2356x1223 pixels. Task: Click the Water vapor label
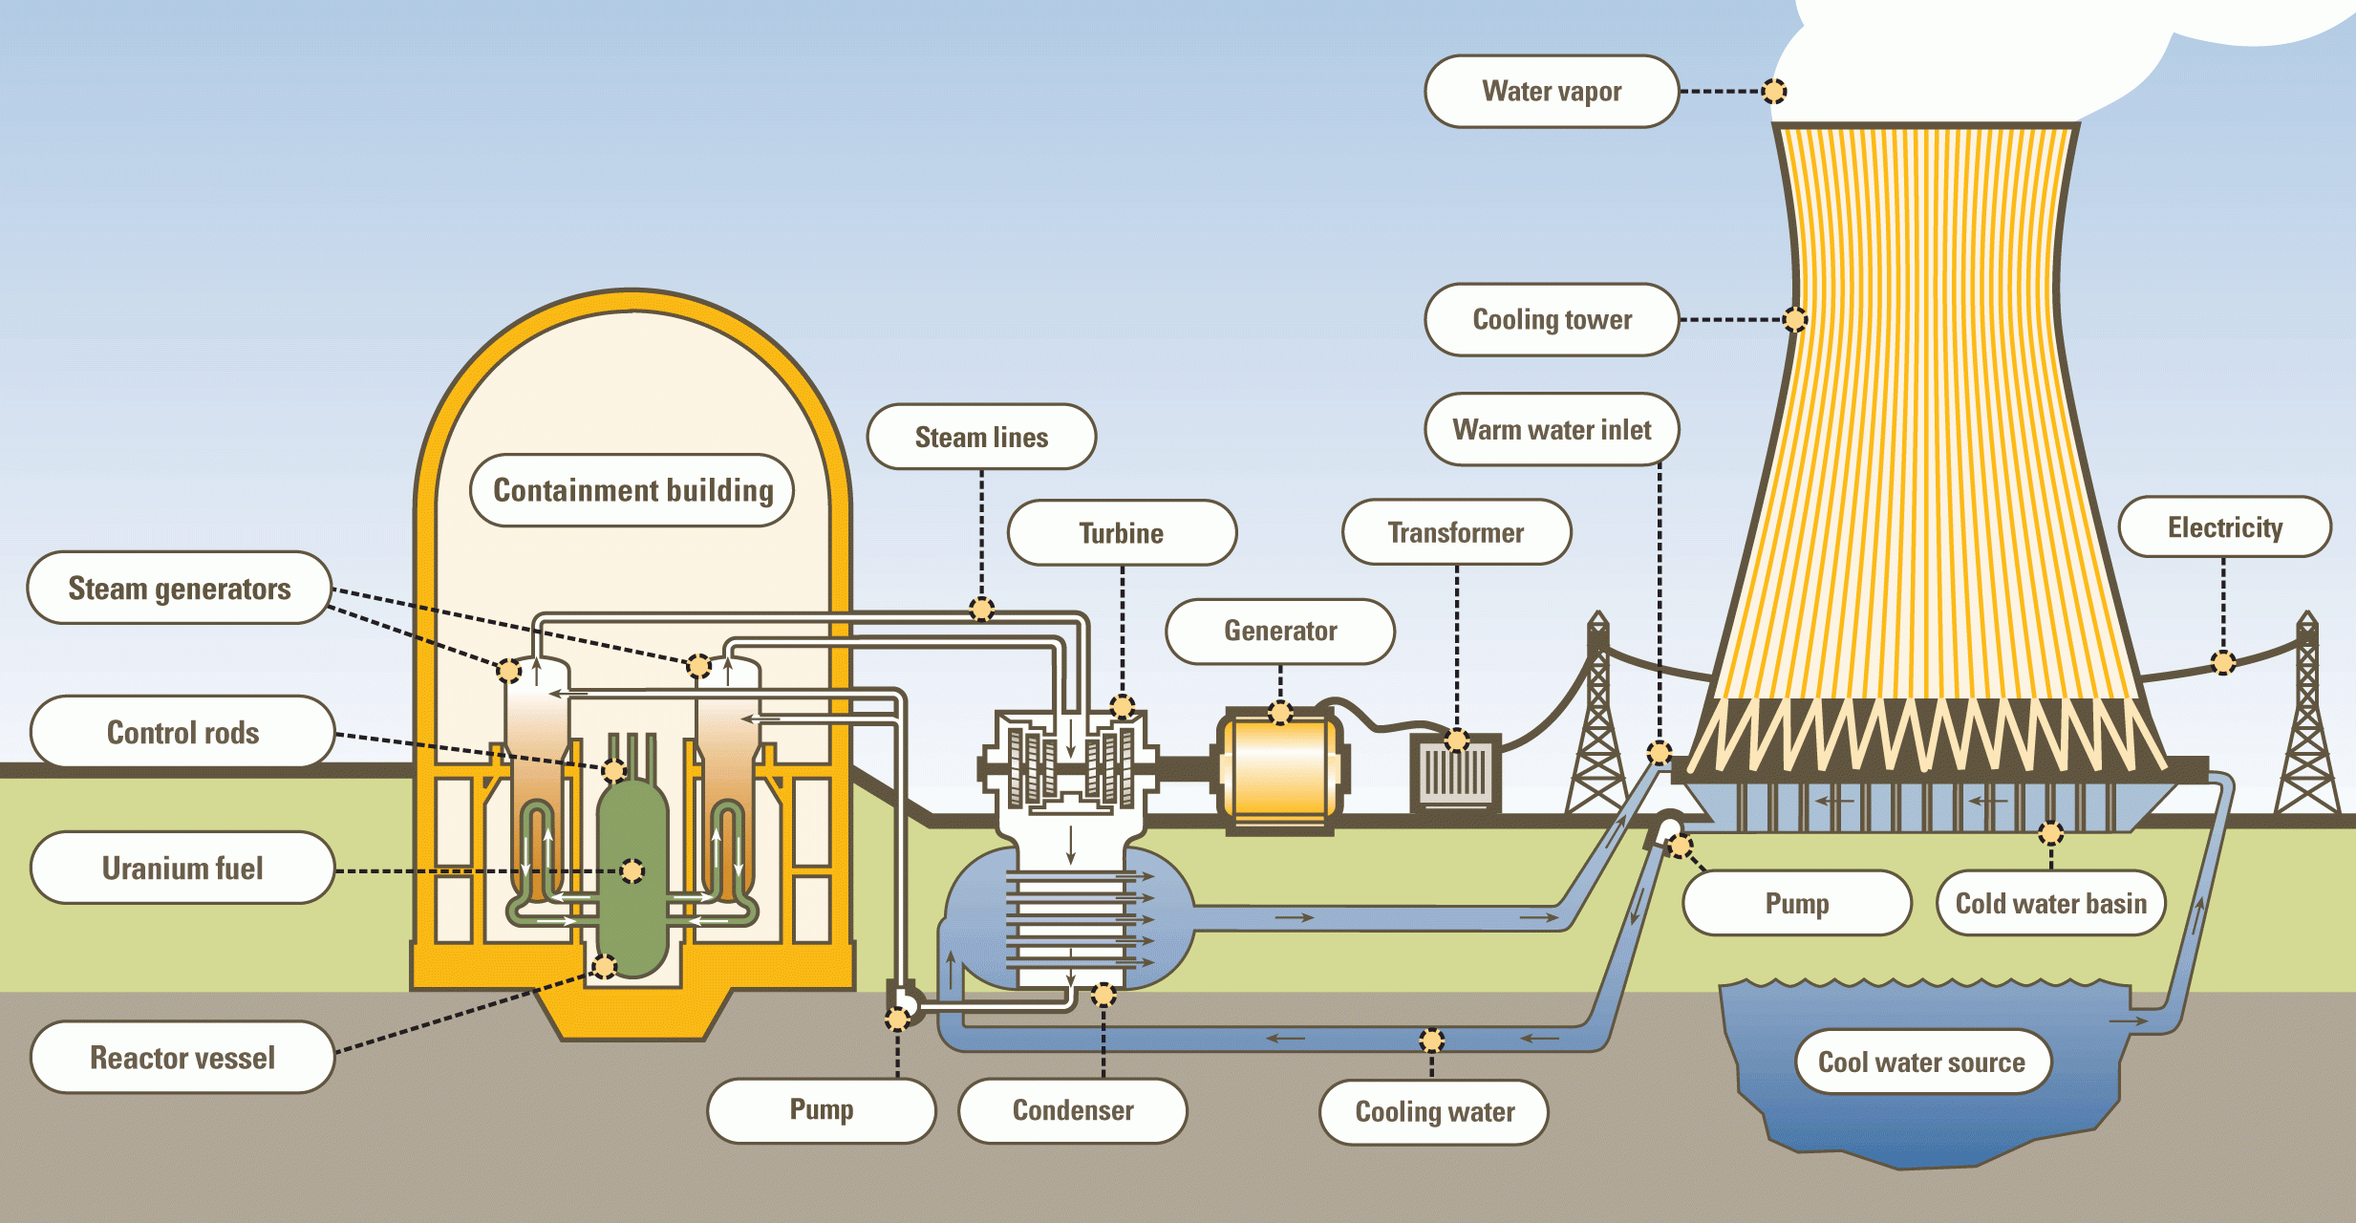[x=1552, y=92]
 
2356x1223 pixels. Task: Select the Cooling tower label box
[x=1552, y=320]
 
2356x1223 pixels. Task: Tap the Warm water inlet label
[x=1552, y=430]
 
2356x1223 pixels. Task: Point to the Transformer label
[x=1456, y=532]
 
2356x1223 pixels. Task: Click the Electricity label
[x=2224, y=527]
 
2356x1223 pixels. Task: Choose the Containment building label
[x=632, y=490]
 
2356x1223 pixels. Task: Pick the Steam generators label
[x=180, y=589]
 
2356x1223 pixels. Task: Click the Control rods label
[x=182, y=733]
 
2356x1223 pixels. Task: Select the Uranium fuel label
[x=182, y=869]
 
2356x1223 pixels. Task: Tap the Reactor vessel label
[x=182, y=1058]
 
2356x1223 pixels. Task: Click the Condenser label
[x=1073, y=1111]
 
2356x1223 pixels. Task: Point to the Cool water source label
[x=1922, y=1062]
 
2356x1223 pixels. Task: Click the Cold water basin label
[x=2051, y=903]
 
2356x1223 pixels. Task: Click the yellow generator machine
[x=1280, y=769]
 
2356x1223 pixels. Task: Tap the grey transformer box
[x=1455, y=774]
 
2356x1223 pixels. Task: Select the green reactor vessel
[x=632, y=874]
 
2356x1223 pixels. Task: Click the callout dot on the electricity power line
[x=2223, y=662]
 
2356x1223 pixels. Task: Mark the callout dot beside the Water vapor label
[x=1774, y=92]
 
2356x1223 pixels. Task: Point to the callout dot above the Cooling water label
[x=1431, y=1041]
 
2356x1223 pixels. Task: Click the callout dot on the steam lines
[x=981, y=609]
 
